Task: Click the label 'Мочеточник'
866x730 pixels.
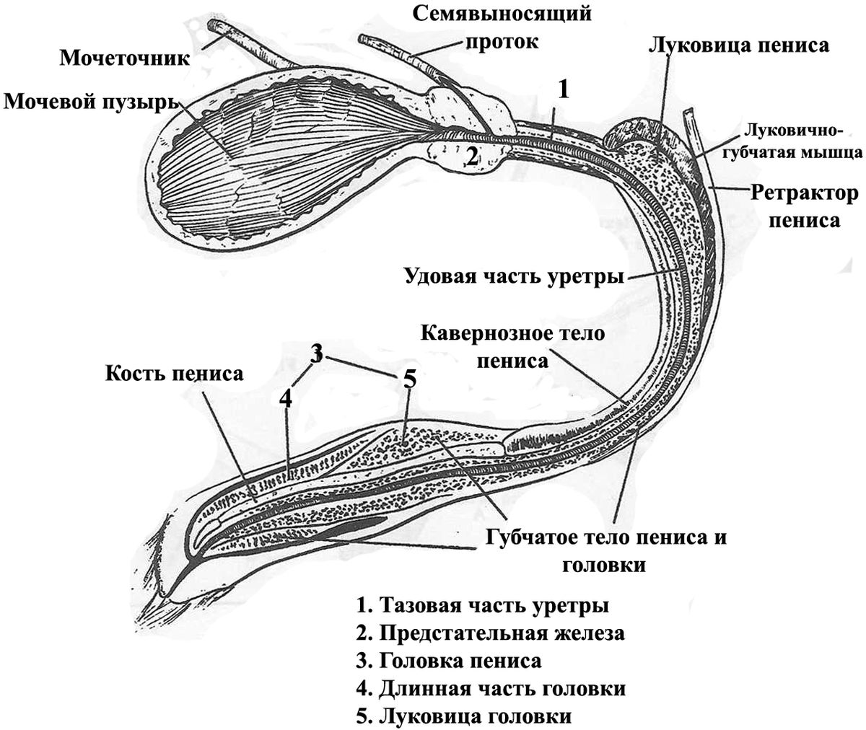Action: [125, 57]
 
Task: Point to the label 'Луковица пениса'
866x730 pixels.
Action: [739, 45]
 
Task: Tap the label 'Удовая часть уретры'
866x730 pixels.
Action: [514, 276]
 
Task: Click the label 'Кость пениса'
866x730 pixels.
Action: [175, 374]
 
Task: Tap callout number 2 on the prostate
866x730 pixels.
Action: [471, 157]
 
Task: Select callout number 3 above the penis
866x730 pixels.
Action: [316, 353]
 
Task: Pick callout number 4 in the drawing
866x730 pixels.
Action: [287, 397]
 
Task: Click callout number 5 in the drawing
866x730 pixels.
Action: [408, 379]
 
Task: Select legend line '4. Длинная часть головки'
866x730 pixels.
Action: [491, 688]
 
